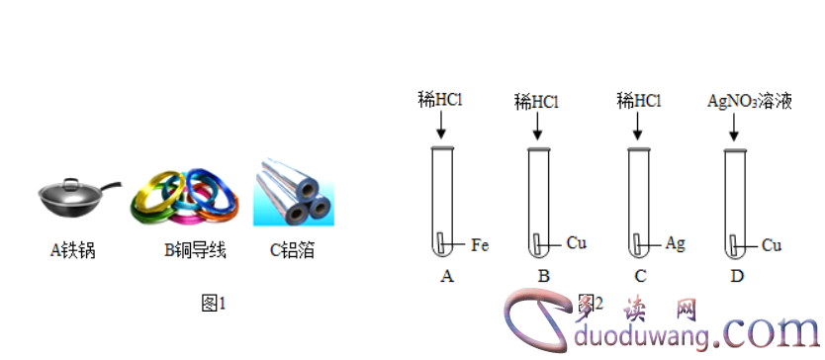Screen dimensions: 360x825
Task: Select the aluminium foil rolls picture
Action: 292,192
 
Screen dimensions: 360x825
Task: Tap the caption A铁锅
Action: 75,250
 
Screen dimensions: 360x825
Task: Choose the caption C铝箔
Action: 293,250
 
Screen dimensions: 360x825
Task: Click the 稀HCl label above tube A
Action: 441,99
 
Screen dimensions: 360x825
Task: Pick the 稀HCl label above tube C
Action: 638,99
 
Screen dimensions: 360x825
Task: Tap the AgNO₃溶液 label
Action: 750,100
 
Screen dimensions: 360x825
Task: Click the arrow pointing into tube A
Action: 441,127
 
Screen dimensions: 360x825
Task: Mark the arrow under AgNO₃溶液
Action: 736,127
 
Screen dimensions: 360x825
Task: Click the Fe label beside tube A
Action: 480,244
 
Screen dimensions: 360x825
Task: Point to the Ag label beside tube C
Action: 676,243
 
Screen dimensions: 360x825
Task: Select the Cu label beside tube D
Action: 774,244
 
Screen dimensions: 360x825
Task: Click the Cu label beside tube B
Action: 577,242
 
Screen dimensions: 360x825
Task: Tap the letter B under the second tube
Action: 543,276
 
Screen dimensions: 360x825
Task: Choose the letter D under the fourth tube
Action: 737,276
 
